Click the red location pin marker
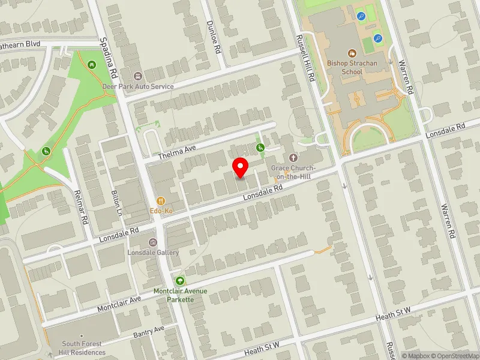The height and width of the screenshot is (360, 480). point(241,167)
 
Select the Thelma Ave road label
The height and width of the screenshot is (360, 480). point(178,151)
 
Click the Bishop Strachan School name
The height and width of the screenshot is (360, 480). point(345,67)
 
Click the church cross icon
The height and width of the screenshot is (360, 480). point(293,157)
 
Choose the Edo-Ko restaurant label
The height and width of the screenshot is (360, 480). point(161,212)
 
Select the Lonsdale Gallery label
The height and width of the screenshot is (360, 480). point(154,253)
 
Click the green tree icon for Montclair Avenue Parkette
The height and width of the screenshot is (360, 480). point(180,280)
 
